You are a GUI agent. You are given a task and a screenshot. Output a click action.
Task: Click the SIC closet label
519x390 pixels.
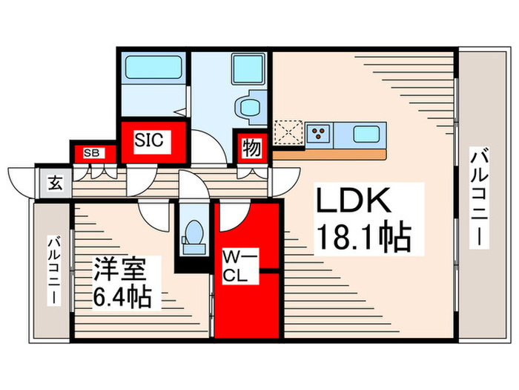point(153,139)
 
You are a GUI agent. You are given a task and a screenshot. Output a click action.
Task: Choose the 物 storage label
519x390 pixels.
point(251,149)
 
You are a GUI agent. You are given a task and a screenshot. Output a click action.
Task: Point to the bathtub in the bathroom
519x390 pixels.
point(153,68)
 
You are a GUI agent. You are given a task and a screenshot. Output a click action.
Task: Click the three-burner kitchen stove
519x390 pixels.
point(319,134)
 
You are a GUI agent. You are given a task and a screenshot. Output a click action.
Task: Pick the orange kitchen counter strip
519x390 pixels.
point(330,155)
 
